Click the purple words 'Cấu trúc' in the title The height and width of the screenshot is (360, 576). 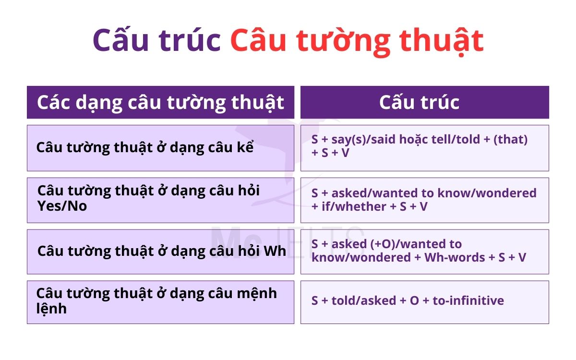click(156, 40)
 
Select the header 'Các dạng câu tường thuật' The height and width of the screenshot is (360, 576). click(160, 102)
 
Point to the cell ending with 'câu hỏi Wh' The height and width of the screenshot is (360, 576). click(162, 251)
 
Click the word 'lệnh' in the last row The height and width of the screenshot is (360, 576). click(51, 308)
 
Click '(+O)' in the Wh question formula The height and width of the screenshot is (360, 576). click(384, 244)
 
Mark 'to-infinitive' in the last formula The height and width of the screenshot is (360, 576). click(468, 301)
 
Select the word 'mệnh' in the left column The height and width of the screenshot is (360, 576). click(257, 293)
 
